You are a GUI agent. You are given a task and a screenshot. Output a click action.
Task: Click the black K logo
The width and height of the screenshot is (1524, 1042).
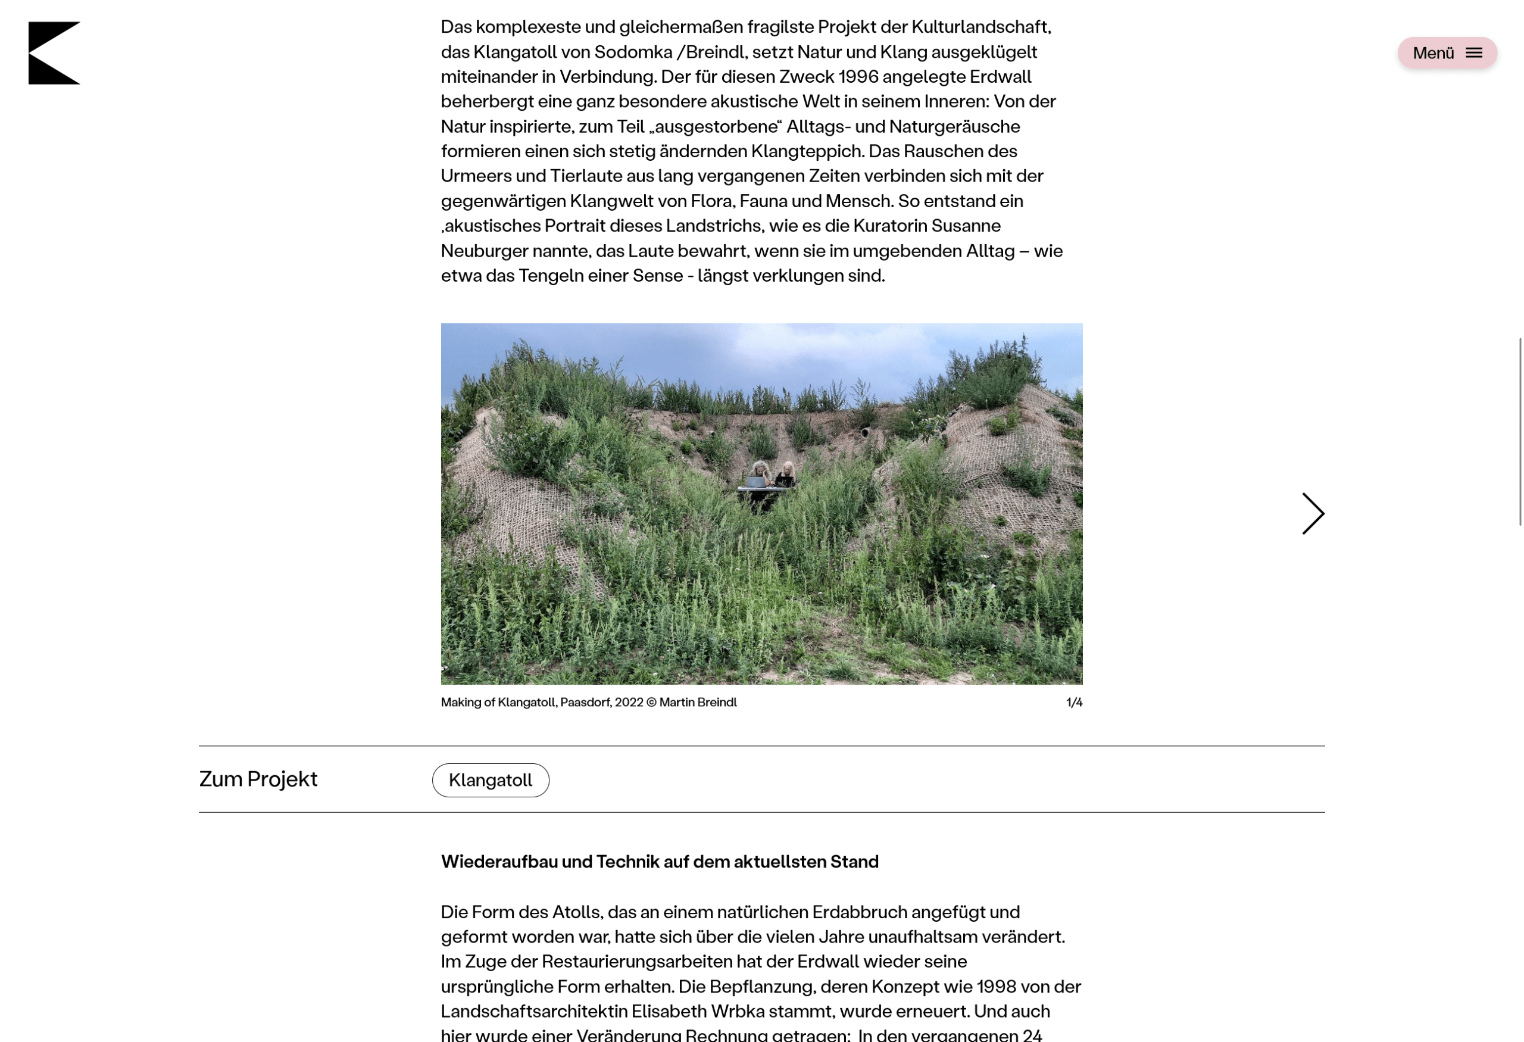52,53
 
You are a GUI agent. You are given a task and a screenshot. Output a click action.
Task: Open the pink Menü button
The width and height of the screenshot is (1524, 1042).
1446,53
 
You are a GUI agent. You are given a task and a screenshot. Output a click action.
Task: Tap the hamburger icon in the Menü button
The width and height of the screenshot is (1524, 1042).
1473,53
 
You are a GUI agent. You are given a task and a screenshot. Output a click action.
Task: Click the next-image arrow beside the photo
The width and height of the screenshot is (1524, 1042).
1313,513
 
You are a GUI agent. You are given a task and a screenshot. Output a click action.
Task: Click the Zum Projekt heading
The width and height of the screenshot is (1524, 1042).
258,779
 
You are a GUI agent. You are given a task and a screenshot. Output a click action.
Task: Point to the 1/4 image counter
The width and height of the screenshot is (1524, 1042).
1074,703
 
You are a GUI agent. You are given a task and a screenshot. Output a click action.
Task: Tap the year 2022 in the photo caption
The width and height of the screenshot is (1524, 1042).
629,703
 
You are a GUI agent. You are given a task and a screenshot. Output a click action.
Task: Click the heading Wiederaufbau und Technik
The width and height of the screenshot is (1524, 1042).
659,862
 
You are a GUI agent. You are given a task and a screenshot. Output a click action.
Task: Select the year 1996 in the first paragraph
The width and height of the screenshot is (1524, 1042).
858,77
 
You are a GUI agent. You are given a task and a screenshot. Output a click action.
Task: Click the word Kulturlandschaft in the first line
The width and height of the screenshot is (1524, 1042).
980,27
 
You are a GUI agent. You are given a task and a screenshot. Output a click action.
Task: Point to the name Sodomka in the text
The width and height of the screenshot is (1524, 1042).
633,52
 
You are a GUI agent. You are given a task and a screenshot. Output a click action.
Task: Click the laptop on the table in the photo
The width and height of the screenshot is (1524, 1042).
756,482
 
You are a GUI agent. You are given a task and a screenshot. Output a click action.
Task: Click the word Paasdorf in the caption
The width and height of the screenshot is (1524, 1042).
585,703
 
